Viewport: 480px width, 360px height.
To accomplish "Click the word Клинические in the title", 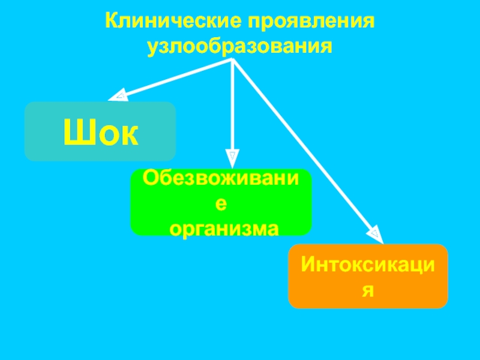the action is [x=170, y=22].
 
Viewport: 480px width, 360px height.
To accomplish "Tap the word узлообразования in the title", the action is [x=240, y=45].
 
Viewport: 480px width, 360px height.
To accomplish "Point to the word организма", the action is [x=223, y=228].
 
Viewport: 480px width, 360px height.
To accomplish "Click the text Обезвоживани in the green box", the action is [x=221, y=178].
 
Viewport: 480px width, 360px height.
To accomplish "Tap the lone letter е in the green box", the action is [x=221, y=203].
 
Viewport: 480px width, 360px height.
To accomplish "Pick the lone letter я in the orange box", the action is [x=368, y=290].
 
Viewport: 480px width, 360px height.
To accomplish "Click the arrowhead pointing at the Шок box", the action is [x=118, y=95].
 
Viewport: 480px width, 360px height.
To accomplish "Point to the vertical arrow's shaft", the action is [x=232, y=108].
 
